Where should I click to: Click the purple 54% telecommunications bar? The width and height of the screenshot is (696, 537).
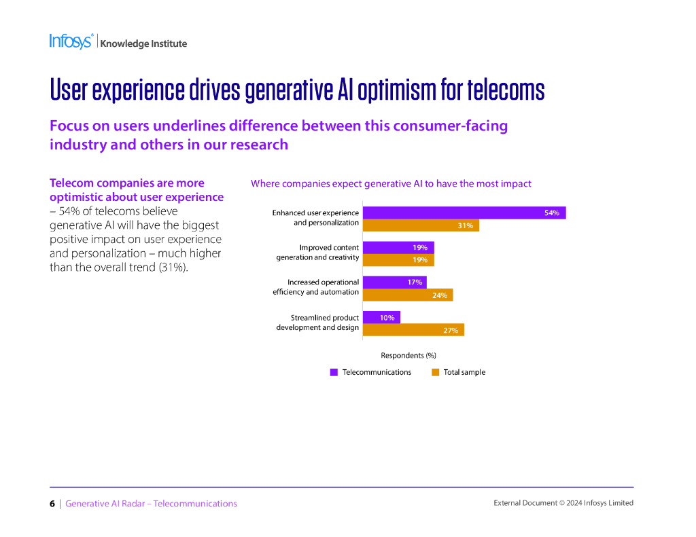point(464,213)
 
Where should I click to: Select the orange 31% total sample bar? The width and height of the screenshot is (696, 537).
point(421,225)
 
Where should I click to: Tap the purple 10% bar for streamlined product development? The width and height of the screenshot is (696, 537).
point(381,317)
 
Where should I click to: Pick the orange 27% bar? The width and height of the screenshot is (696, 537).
point(413,330)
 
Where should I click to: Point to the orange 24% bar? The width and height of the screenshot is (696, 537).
point(408,295)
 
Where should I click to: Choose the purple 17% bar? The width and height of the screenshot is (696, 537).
point(395,282)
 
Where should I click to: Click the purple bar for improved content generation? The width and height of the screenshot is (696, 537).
point(398,248)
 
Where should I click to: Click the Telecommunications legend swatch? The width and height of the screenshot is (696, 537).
point(334,372)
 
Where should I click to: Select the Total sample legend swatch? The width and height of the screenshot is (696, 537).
point(435,372)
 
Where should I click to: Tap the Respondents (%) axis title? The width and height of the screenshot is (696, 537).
point(408,355)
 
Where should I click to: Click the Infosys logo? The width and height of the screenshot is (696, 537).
point(71,41)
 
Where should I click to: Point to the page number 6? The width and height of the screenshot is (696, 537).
point(52,504)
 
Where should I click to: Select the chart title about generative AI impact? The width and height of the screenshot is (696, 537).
point(391,183)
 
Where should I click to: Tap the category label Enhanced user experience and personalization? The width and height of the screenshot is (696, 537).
point(315,217)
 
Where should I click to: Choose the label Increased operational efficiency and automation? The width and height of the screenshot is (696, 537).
point(315,286)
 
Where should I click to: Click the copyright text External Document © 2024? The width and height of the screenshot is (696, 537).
point(563,503)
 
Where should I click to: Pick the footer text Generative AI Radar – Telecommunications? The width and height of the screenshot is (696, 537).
point(151,504)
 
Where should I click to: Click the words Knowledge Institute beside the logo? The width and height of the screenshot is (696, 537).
point(143,43)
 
